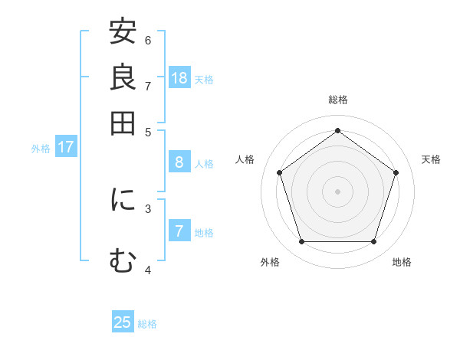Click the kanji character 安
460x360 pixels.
(x=123, y=33)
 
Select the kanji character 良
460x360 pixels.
(x=123, y=77)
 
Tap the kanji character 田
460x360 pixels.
(x=123, y=123)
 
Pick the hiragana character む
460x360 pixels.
(x=123, y=260)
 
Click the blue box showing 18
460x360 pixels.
(x=179, y=78)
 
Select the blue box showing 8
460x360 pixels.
(x=179, y=162)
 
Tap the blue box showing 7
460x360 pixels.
(x=179, y=231)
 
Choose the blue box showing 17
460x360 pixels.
(x=66, y=147)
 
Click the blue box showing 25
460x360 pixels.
(x=123, y=322)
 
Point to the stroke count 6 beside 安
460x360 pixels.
(x=148, y=40)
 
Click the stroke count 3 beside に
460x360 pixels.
(x=148, y=208)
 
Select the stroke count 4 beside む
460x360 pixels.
(x=148, y=270)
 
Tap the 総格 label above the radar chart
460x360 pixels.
(x=337, y=100)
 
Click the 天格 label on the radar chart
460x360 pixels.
(x=431, y=159)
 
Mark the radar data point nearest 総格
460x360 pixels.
(x=337, y=130)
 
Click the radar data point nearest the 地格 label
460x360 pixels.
(x=373, y=242)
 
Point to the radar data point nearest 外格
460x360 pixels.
(x=301, y=242)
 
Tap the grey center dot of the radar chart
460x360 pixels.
(x=337, y=191)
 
